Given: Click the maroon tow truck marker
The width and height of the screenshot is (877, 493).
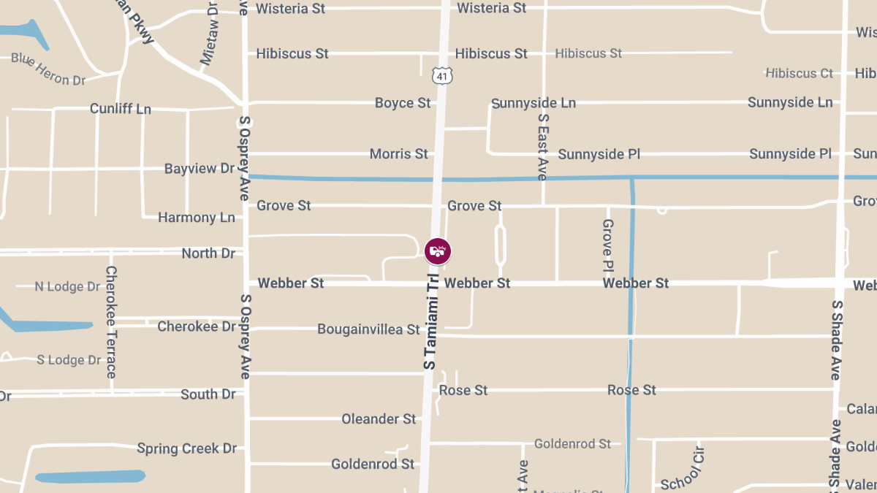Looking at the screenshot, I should pos(438,251).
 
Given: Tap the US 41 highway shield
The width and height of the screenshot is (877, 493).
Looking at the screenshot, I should pos(441,75).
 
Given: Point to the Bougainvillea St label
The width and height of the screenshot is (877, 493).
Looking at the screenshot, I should pos(368,329).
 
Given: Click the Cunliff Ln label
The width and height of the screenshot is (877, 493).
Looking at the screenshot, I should pos(121,109).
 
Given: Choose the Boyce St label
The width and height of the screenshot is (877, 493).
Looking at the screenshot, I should pos(403,103).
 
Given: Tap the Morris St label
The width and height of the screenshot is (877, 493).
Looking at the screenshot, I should pos(399,154).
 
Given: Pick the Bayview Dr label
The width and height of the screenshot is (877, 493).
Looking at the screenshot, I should pos(200,169).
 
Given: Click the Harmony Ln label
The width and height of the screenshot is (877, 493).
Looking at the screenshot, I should pos(197,218).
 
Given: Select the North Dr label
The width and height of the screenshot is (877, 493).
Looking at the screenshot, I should pos(208,253).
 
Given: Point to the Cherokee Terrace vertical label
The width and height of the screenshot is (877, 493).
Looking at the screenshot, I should pos(111,321).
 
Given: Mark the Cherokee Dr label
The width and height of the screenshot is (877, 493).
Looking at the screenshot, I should pos(197,326).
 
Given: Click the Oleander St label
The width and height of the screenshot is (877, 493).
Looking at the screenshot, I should pos(379,419).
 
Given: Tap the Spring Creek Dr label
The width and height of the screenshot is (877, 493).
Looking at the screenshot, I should pos(186,448).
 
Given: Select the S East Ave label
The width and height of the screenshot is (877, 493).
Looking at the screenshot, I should pos(542,146).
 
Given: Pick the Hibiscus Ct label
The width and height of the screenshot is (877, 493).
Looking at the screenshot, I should pos(800,73).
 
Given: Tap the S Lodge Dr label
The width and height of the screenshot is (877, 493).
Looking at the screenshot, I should pos(69,360).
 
